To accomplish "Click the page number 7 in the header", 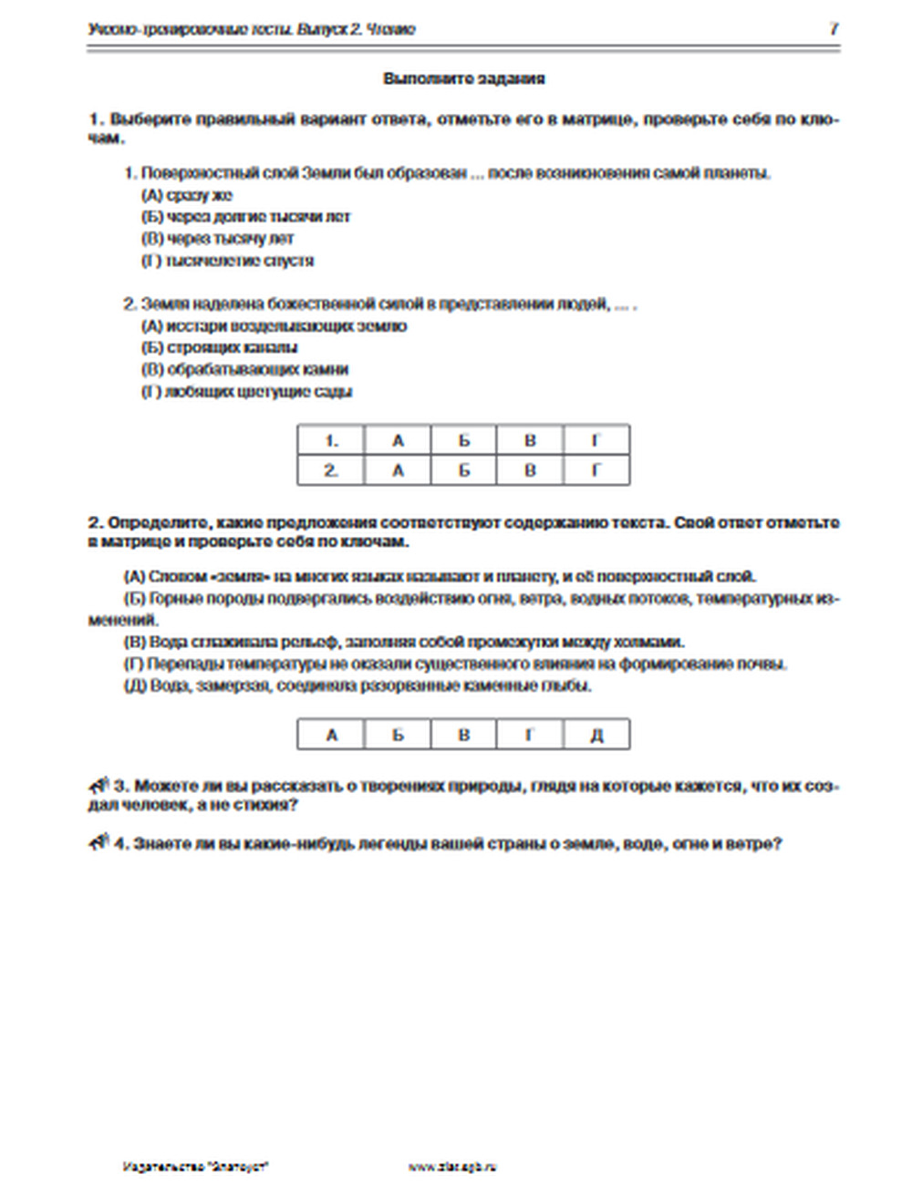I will click(833, 29).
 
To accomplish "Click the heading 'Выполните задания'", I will click(464, 79).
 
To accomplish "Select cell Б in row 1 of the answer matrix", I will click(464, 441).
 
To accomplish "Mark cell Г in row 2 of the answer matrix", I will click(596, 470).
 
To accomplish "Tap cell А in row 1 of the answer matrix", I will click(398, 441).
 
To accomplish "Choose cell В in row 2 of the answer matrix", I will click(530, 470).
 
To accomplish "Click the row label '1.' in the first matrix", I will click(331, 441).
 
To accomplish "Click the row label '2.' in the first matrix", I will click(331, 470).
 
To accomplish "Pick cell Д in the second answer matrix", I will click(596, 735).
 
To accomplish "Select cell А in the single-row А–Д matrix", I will click(331, 735).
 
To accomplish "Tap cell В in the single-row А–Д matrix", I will click(464, 735).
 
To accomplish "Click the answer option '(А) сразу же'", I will click(187, 195).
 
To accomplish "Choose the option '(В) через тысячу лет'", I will click(217, 239).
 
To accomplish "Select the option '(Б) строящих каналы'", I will click(220, 347).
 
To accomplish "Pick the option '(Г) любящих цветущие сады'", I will click(246, 392).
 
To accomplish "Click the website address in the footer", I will click(453, 1166).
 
